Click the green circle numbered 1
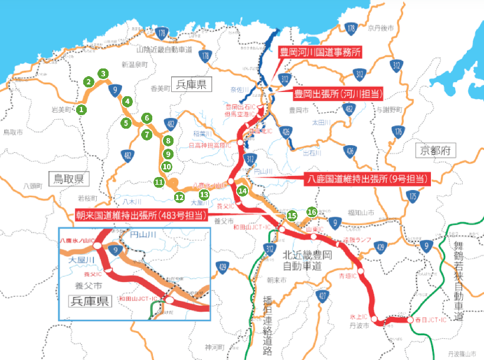click(x=82, y=109)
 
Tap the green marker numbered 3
click(x=103, y=74)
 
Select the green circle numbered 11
click(x=159, y=182)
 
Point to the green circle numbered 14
click(x=242, y=191)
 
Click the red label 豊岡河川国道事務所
click(x=320, y=53)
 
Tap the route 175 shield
click(x=413, y=196)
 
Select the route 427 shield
click(x=322, y=296)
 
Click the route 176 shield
click(x=398, y=131)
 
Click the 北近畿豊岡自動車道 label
click(x=304, y=261)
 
